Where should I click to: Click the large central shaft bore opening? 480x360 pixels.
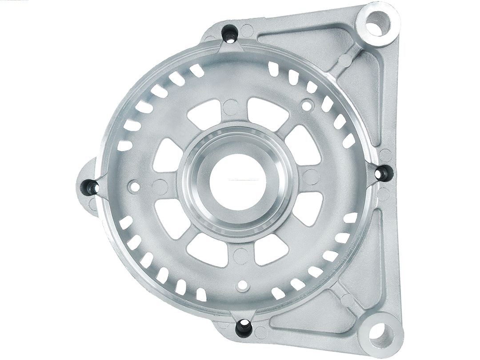pyautogui.click(x=237, y=181)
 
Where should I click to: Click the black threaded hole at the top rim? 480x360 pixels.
pyautogui.click(x=230, y=35)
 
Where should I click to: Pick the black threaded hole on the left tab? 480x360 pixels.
pyautogui.click(x=92, y=188)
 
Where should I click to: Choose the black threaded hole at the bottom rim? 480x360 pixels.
pyautogui.click(x=244, y=327)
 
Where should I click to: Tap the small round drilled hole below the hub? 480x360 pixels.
pyautogui.click(x=243, y=284)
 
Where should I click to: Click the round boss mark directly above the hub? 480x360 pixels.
pyautogui.click(x=231, y=107)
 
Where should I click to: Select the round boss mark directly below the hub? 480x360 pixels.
pyautogui.click(x=241, y=256)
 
